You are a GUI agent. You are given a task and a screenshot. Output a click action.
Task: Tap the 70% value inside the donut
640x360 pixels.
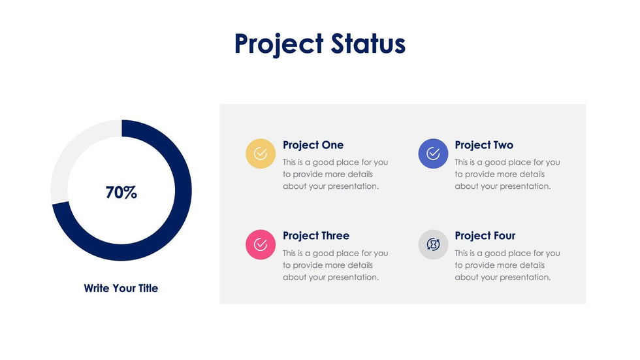click(121, 193)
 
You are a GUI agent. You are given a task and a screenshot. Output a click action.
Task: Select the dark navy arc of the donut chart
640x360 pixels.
click(176, 222)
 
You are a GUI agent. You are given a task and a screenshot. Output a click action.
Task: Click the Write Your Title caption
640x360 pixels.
click(121, 288)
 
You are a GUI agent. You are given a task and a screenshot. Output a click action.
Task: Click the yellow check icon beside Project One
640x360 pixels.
click(261, 154)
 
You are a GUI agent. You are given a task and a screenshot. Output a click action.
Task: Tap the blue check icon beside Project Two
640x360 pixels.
click(433, 154)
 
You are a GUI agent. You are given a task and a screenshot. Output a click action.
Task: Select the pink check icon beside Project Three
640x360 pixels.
click(261, 244)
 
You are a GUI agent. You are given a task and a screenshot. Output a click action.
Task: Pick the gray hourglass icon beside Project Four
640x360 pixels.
click(433, 244)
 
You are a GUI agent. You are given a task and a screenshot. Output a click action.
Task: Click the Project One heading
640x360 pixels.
click(313, 145)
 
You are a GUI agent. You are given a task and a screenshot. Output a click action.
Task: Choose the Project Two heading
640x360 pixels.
click(484, 145)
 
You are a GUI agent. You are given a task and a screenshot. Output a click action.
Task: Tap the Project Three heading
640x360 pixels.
click(316, 236)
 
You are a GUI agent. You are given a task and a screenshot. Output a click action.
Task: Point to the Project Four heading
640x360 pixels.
click(485, 236)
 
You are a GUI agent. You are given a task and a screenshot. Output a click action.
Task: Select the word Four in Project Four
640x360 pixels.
click(504, 236)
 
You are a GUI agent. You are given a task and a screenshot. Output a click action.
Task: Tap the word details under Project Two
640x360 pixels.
click(533, 174)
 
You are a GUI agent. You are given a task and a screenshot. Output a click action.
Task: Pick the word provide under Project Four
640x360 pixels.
click(480, 265)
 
